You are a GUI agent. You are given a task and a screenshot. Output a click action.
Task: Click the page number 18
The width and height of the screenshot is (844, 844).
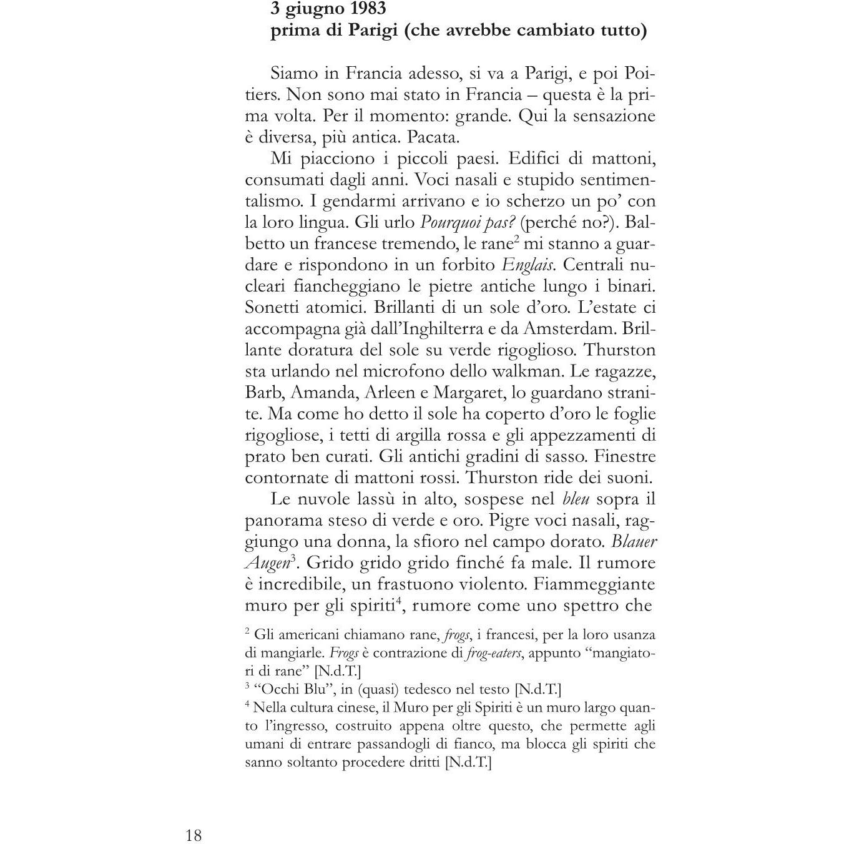click(194, 835)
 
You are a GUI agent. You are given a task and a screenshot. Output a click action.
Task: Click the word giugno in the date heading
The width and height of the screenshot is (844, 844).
click(315, 9)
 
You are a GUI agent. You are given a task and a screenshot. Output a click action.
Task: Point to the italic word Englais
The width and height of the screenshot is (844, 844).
click(527, 265)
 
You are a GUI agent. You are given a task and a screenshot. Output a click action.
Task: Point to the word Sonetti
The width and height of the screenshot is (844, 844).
click(273, 307)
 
